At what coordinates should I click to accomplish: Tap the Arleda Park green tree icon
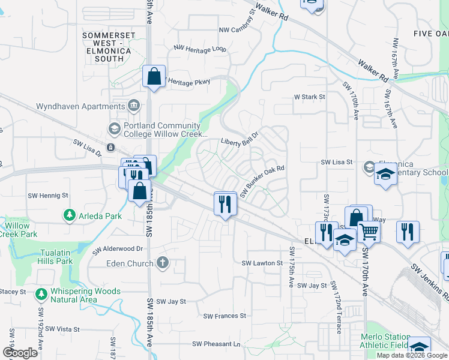point(70,214)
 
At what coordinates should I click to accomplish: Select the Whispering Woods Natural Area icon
point(41,295)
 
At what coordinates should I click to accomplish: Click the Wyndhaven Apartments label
point(80,106)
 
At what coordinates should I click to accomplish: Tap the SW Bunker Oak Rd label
point(261,181)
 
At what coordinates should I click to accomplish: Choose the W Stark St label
point(309,96)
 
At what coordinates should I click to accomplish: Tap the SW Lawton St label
point(262,263)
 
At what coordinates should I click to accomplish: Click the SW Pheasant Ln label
point(216,344)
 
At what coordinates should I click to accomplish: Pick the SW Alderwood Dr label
point(118,248)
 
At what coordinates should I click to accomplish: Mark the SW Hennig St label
point(48,196)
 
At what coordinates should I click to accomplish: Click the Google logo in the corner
point(20,353)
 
